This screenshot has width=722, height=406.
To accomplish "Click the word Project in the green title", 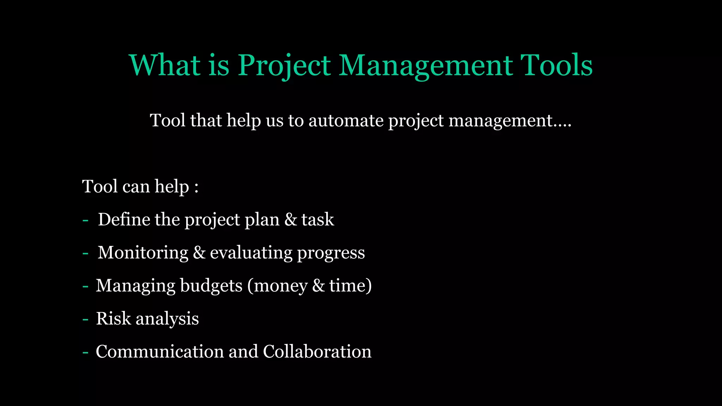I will [284, 66].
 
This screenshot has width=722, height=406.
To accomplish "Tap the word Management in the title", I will [426, 66].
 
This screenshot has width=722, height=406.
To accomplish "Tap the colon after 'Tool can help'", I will [196, 187].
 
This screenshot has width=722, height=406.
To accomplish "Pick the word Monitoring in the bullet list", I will [143, 253].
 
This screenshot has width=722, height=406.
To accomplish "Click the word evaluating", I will [251, 253].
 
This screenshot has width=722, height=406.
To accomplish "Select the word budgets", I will [211, 285].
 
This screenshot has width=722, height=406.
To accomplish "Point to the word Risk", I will [113, 319].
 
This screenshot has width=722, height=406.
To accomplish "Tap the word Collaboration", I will [317, 352].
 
